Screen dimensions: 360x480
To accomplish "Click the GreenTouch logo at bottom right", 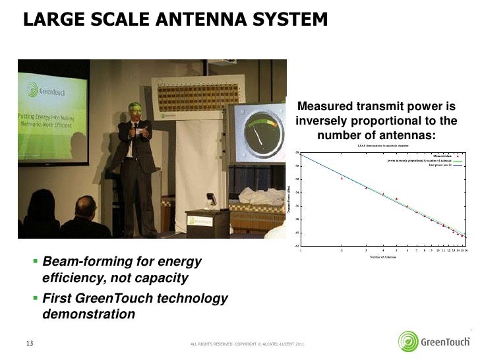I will (435, 342).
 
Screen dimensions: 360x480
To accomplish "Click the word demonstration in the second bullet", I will (88, 315).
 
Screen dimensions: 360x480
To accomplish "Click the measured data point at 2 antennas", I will (342, 178).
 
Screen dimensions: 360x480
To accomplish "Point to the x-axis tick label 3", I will (366, 251).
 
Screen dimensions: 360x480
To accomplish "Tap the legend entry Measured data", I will (442, 156).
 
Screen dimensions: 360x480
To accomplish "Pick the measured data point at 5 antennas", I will (396, 198).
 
